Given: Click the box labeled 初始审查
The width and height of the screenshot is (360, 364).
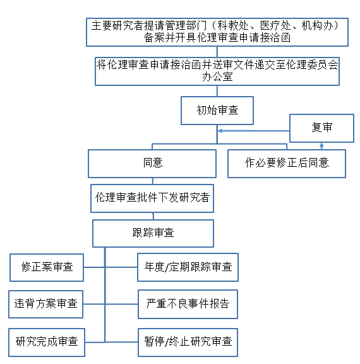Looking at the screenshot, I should pos(217,111).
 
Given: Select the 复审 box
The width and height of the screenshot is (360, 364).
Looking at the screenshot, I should pos(321,128).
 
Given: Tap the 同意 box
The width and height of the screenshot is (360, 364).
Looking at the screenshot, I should pos(153,163).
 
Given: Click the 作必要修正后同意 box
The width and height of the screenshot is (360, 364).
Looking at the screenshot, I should pos(287,163).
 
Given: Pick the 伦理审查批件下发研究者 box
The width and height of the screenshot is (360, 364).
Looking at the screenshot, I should pos(152,198).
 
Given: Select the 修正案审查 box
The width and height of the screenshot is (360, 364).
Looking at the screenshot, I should pos(47,267).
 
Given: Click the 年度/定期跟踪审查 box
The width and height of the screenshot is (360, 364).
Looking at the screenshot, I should pos(188,267).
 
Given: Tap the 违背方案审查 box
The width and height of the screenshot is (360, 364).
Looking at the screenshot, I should pos(45,305).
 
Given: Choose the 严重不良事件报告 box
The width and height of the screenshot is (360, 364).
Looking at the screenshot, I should pos(188,305).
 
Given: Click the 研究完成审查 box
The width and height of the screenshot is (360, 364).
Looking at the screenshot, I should pos(47,342).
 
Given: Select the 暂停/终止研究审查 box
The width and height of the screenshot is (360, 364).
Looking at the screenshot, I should pos(188,342).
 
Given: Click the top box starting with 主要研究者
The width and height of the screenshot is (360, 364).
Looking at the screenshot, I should pos(217,32).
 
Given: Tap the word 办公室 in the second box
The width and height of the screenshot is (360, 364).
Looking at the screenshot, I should pos(217,78).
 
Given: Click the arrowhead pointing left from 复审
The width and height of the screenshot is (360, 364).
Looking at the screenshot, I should pos(220,131).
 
